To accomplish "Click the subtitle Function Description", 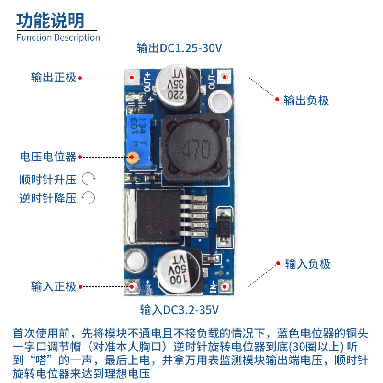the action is pyautogui.click(x=58, y=38).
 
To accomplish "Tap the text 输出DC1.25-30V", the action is pyautogui.click(x=180, y=48).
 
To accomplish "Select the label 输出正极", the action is pyautogui.click(x=54, y=77).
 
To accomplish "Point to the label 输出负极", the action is pyautogui.click(x=306, y=101).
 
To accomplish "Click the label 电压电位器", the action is pyautogui.click(x=48, y=157).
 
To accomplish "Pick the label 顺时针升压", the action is pyautogui.click(x=48, y=180).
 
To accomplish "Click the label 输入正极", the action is pyautogui.click(x=54, y=287).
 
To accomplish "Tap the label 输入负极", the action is pyautogui.click(x=308, y=264).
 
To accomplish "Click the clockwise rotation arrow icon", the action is pyautogui.click(x=89, y=180).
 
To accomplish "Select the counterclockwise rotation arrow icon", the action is pyautogui.click(x=89, y=198).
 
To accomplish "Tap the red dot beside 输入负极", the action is pyautogui.click(x=278, y=262).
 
